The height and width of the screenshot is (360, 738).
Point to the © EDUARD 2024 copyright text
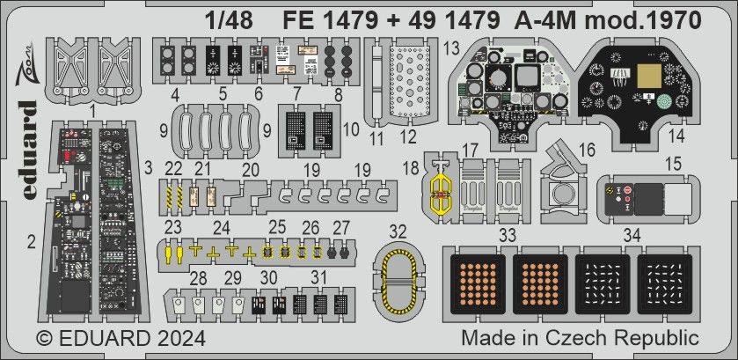click(121, 338)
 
